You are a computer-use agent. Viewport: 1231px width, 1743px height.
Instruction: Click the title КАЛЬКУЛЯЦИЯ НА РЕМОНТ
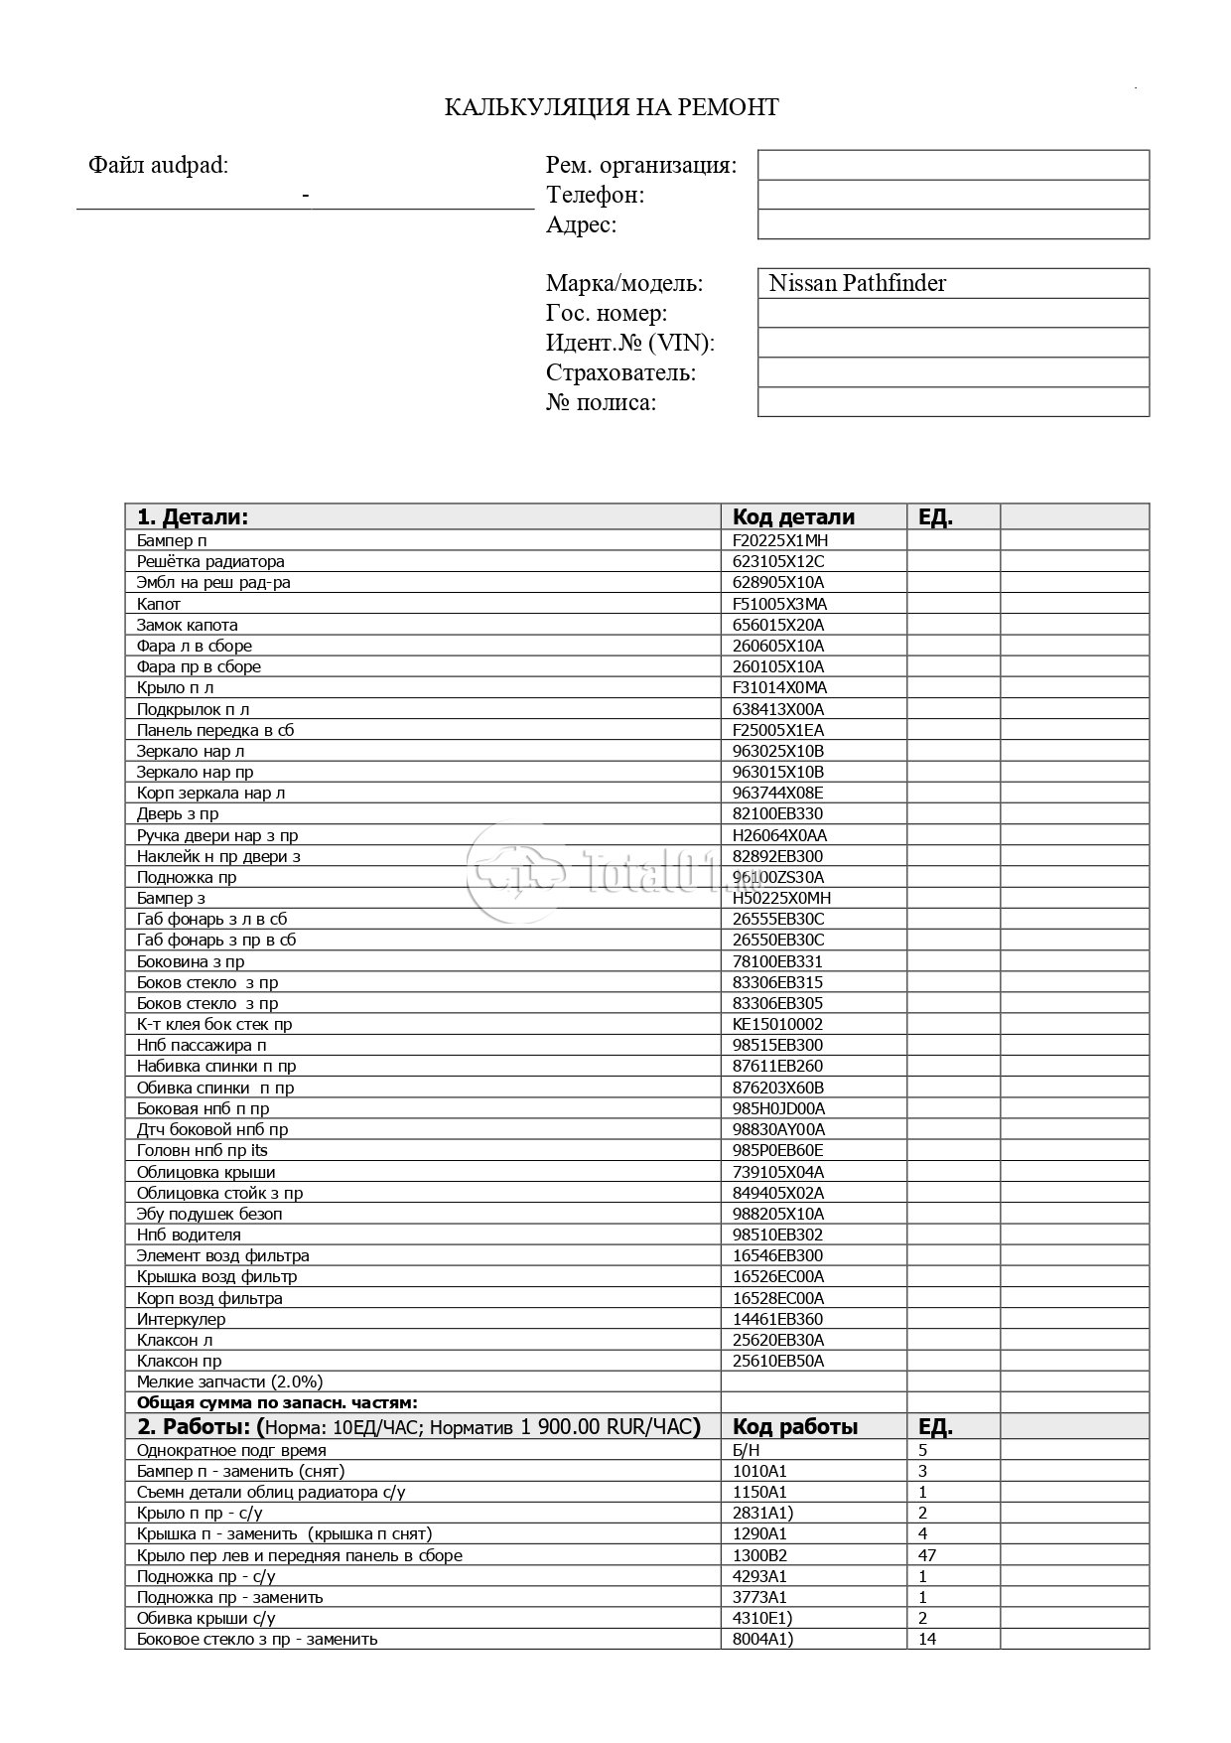tap(611, 107)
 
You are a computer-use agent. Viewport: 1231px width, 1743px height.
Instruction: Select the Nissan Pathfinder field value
tap(857, 283)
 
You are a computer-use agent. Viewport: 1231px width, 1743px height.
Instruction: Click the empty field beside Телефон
tap(953, 195)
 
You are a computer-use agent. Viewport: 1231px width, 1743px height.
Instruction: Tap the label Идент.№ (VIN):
tap(630, 344)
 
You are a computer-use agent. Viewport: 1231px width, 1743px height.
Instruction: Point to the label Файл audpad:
tap(158, 166)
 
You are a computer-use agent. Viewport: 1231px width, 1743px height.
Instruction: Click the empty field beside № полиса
tap(953, 402)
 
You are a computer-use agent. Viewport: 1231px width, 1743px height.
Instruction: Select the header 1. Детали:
tap(193, 516)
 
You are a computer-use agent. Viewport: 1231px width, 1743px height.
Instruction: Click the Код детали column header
tap(793, 516)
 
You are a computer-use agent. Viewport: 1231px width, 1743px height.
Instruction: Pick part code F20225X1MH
tap(780, 540)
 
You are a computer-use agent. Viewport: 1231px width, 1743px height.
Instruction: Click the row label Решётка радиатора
tap(210, 561)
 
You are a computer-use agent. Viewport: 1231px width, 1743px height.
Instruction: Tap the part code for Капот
tap(780, 604)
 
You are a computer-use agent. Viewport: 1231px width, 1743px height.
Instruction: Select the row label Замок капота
tap(188, 625)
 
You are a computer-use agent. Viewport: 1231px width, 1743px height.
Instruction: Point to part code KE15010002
tap(778, 1024)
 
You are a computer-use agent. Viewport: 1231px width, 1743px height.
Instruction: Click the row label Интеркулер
tap(182, 1319)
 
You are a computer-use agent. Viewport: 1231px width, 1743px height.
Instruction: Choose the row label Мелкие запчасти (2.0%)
tap(230, 1381)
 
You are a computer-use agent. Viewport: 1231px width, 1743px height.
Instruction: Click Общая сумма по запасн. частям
tap(277, 1402)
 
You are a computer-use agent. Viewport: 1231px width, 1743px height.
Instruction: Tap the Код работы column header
tap(795, 1427)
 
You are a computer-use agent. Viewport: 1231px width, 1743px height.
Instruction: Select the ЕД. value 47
tap(927, 1555)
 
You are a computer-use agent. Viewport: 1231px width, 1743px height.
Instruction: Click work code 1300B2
tap(760, 1555)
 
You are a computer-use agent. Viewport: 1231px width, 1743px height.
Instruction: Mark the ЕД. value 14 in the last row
tap(927, 1639)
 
